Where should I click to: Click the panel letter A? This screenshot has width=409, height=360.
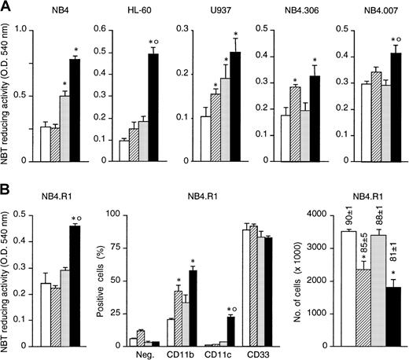click(x=7, y=8)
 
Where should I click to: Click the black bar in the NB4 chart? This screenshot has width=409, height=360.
click(x=75, y=110)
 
